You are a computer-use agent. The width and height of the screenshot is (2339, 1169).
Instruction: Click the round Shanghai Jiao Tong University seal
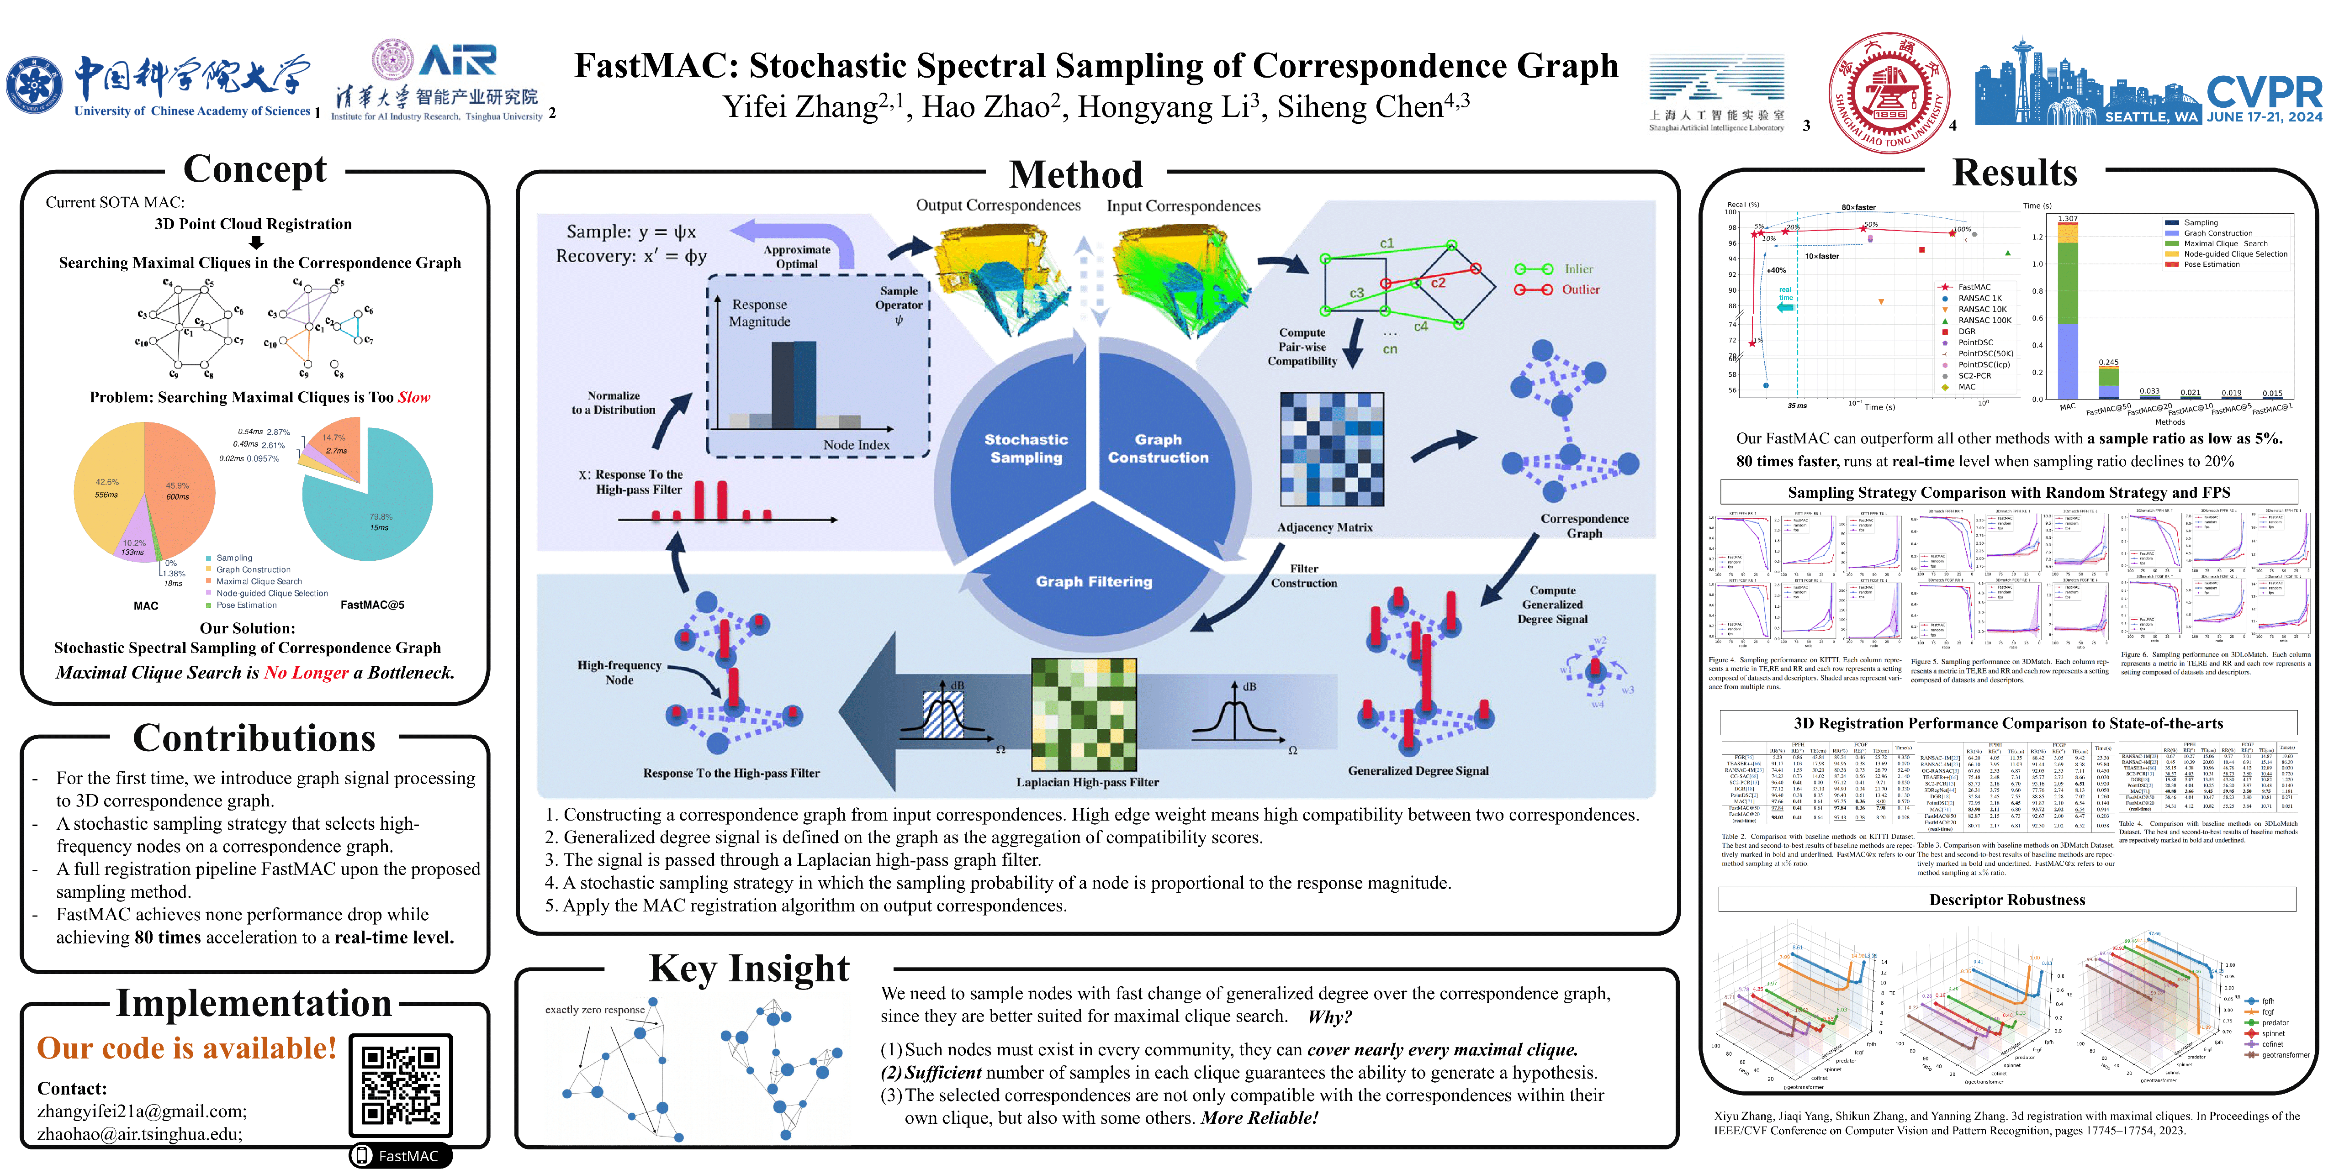1887,93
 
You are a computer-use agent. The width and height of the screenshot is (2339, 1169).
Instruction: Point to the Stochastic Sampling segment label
1026,448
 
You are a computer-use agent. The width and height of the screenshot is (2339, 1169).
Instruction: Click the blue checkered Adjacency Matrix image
1331,449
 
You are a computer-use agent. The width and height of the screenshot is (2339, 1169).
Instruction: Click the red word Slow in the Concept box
414,398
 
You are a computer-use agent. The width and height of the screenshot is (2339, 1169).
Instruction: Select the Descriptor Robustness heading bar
2007,900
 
